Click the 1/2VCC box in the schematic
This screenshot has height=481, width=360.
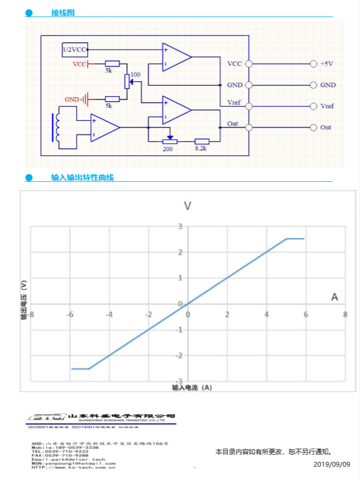pyautogui.click(x=75, y=49)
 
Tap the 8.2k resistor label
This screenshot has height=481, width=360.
pyautogui.click(x=201, y=149)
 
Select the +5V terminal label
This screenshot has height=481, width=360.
pyautogui.click(x=327, y=64)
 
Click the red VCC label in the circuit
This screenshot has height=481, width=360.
pyautogui.click(x=80, y=64)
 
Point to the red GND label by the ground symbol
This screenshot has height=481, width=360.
pyautogui.click(x=71, y=99)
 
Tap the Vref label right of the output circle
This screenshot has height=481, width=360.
pyautogui.click(x=327, y=107)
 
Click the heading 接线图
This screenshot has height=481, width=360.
pyautogui.click(x=63, y=13)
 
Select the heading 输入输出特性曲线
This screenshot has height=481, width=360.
pyautogui.click(x=82, y=177)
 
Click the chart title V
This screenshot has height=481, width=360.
pyautogui.click(x=188, y=206)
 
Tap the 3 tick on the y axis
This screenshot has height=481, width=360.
pyautogui.click(x=179, y=226)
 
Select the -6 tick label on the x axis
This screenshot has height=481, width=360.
pyautogui.click(x=69, y=315)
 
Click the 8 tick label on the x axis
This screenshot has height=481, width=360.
pyautogui.click(x=345, y=315)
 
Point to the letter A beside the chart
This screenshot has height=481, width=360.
pyautogui.click(x=334, y=297)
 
